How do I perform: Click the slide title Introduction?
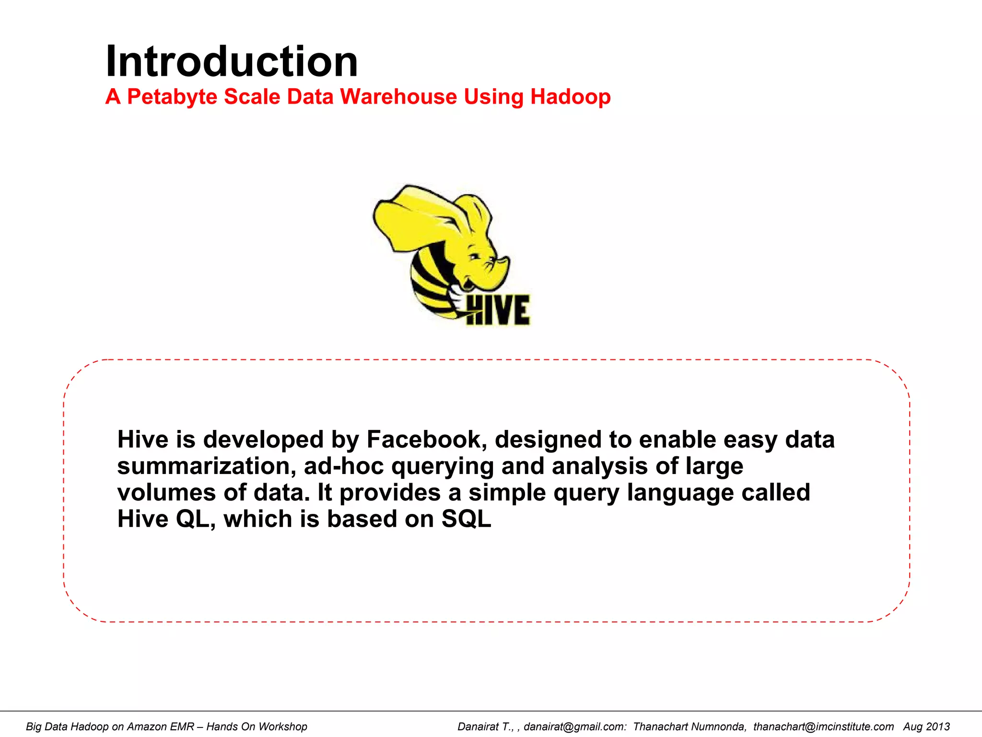[232, 61]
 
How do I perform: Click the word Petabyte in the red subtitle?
[172, 96]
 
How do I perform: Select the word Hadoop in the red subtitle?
[570, 96]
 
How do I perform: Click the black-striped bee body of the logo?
[429, 283]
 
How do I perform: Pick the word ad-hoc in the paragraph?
[344, 466]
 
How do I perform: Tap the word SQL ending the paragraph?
[466, 519]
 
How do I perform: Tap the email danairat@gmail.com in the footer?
[574, 726]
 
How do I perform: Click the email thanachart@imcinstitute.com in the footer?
[823, 726]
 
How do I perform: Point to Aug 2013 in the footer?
[926, 726]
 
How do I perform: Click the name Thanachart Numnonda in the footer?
[689, 726]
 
